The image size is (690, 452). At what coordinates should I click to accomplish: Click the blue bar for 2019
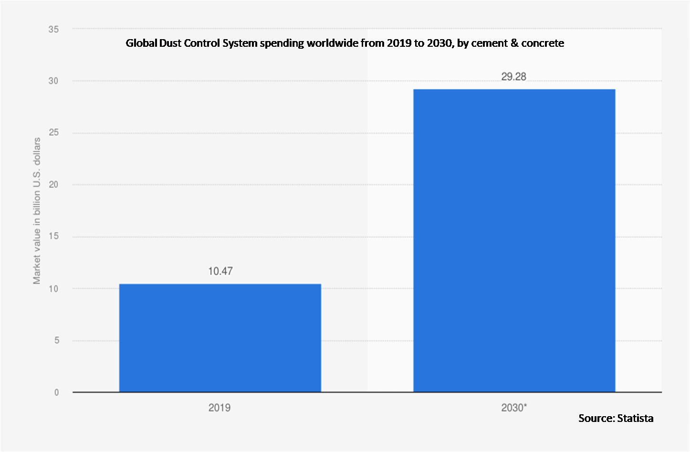[x=220, y=338]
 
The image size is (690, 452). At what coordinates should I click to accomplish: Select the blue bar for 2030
[x=514, y=241]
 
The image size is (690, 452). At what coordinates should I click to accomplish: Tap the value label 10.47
[x=220, y=271]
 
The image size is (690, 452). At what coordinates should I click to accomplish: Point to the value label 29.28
[x=513, y=76]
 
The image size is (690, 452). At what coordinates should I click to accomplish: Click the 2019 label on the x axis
[x=220, y=408]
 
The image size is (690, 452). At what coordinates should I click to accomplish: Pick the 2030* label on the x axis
[x=514, y=408]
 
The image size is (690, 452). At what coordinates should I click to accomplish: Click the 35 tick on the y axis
[x=53, y=30]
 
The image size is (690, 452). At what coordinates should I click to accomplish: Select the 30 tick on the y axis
[x=53, y=81]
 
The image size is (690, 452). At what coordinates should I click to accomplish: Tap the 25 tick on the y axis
[x=53, y=133]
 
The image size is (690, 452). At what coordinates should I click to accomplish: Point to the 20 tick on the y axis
[x=53, y=185]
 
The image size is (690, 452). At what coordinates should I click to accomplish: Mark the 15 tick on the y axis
[x=53, y=237]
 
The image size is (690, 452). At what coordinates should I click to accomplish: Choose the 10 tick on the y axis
[x=53, y=289]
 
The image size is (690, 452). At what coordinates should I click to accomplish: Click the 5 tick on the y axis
[x=56, y=340]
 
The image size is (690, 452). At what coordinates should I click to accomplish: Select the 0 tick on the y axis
[x=56, y=392]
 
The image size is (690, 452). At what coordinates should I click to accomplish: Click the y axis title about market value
[x=37, y=211]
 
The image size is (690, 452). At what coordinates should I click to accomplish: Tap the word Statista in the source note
[x=635, y=419]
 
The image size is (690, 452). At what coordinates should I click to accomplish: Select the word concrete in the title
[x=543, y=43]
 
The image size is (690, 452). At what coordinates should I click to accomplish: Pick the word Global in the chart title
[x=140, y=43]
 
